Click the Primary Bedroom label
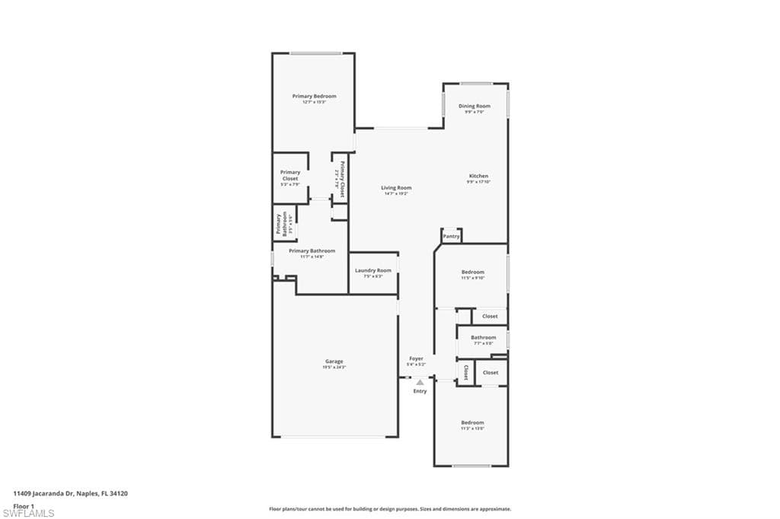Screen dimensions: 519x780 [314, 97]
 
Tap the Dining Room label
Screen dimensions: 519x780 [474, 107]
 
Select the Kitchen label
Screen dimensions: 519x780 [478, 177]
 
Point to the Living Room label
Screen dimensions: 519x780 [396, 188]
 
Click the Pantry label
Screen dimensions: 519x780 [452, 237]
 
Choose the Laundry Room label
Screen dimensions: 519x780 [373, 271]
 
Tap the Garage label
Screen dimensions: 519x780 [334, 361]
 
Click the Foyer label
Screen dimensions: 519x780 [416, 358]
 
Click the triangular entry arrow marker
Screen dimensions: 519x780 [420, 382]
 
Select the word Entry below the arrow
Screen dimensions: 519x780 [420, 391]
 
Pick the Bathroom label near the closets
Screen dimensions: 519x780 [483, 338]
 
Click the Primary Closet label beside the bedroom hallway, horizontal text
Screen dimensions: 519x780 [290, 176]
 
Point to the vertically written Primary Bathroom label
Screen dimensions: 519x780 [279, 224]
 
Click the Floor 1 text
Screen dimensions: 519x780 [24, 505]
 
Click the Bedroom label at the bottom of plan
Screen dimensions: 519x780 [472, 423]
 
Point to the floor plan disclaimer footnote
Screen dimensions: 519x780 [389, 509]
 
